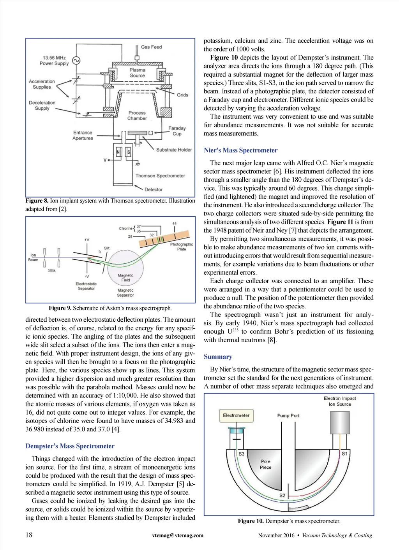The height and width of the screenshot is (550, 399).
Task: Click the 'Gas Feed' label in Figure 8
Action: click(x=151, y=47)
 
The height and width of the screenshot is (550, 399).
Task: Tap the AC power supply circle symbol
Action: click(x=76, y=61)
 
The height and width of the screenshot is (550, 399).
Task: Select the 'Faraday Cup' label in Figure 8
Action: click(x=177, y=131)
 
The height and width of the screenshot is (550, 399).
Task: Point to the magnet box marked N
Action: click(x=118, y=152)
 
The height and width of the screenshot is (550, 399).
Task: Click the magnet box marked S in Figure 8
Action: click(x=129, y=152)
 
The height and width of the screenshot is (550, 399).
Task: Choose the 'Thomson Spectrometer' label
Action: click(x=160, y=176)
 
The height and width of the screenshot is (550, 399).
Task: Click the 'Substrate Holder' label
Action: click(x=174, y=150)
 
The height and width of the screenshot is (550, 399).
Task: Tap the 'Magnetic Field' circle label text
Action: click(x=125, y=277)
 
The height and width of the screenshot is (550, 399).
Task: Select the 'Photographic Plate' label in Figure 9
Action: click(x=181, y=247)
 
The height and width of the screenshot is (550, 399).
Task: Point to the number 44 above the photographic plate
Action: click(x=174, y=223)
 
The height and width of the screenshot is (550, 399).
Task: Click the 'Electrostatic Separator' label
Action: click(x=86, y=286)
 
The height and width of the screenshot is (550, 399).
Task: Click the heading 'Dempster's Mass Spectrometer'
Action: click(x=70, y=446)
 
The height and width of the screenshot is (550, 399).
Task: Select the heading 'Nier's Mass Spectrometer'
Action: click(x=240, y=151)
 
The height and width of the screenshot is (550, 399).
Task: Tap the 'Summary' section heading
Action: click(x=218, y=357)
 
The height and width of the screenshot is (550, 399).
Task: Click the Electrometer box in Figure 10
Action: click(x=236, y=415)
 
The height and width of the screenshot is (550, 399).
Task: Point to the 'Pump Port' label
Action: click(x=288, y=415)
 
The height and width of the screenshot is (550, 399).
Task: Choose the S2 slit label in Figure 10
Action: click(x=282, y=495)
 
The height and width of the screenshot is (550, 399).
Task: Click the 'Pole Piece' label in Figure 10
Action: click(x=265, y=464)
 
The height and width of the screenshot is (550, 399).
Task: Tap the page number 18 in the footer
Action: click(x=29, y=535)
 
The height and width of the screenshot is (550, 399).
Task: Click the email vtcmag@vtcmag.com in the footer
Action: click(x=178, y=535)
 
